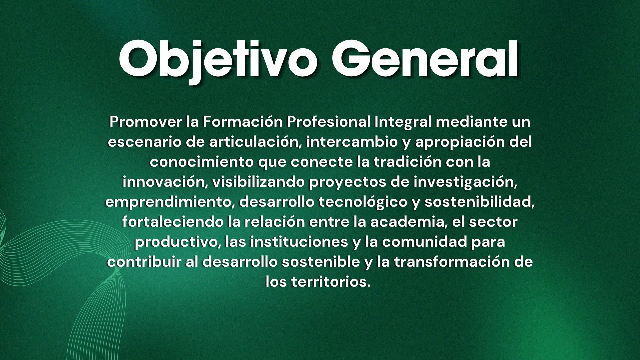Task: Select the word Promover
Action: [146, 122]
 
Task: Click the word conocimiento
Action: [201, 162]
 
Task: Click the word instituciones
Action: [299, 242]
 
